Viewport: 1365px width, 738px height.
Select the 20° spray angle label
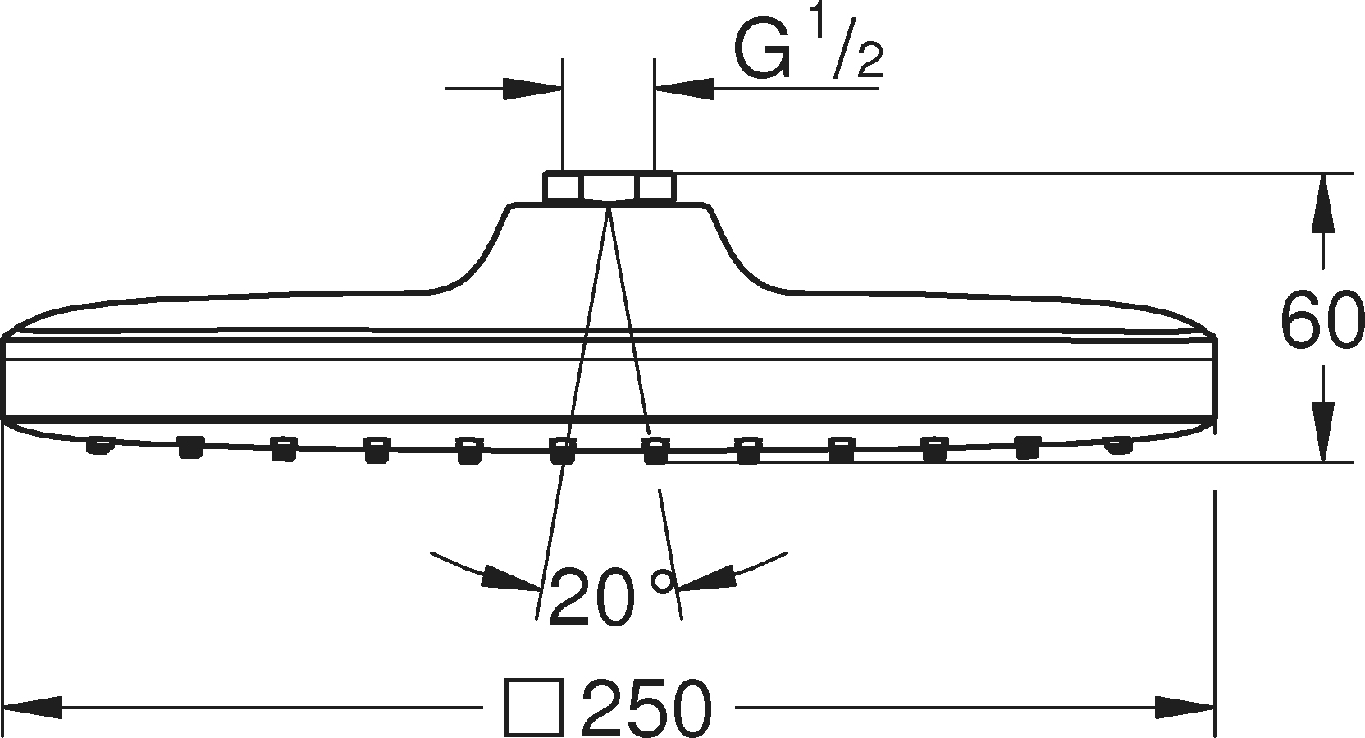613,597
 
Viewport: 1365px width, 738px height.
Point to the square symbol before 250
534,708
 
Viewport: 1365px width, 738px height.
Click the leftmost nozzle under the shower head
100,445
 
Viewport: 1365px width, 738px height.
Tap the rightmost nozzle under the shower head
1118,446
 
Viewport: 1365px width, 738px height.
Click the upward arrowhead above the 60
1323,203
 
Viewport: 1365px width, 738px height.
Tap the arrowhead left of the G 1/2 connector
532,89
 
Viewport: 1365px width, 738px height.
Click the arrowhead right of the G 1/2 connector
684,89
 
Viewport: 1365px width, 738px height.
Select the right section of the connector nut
655,186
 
